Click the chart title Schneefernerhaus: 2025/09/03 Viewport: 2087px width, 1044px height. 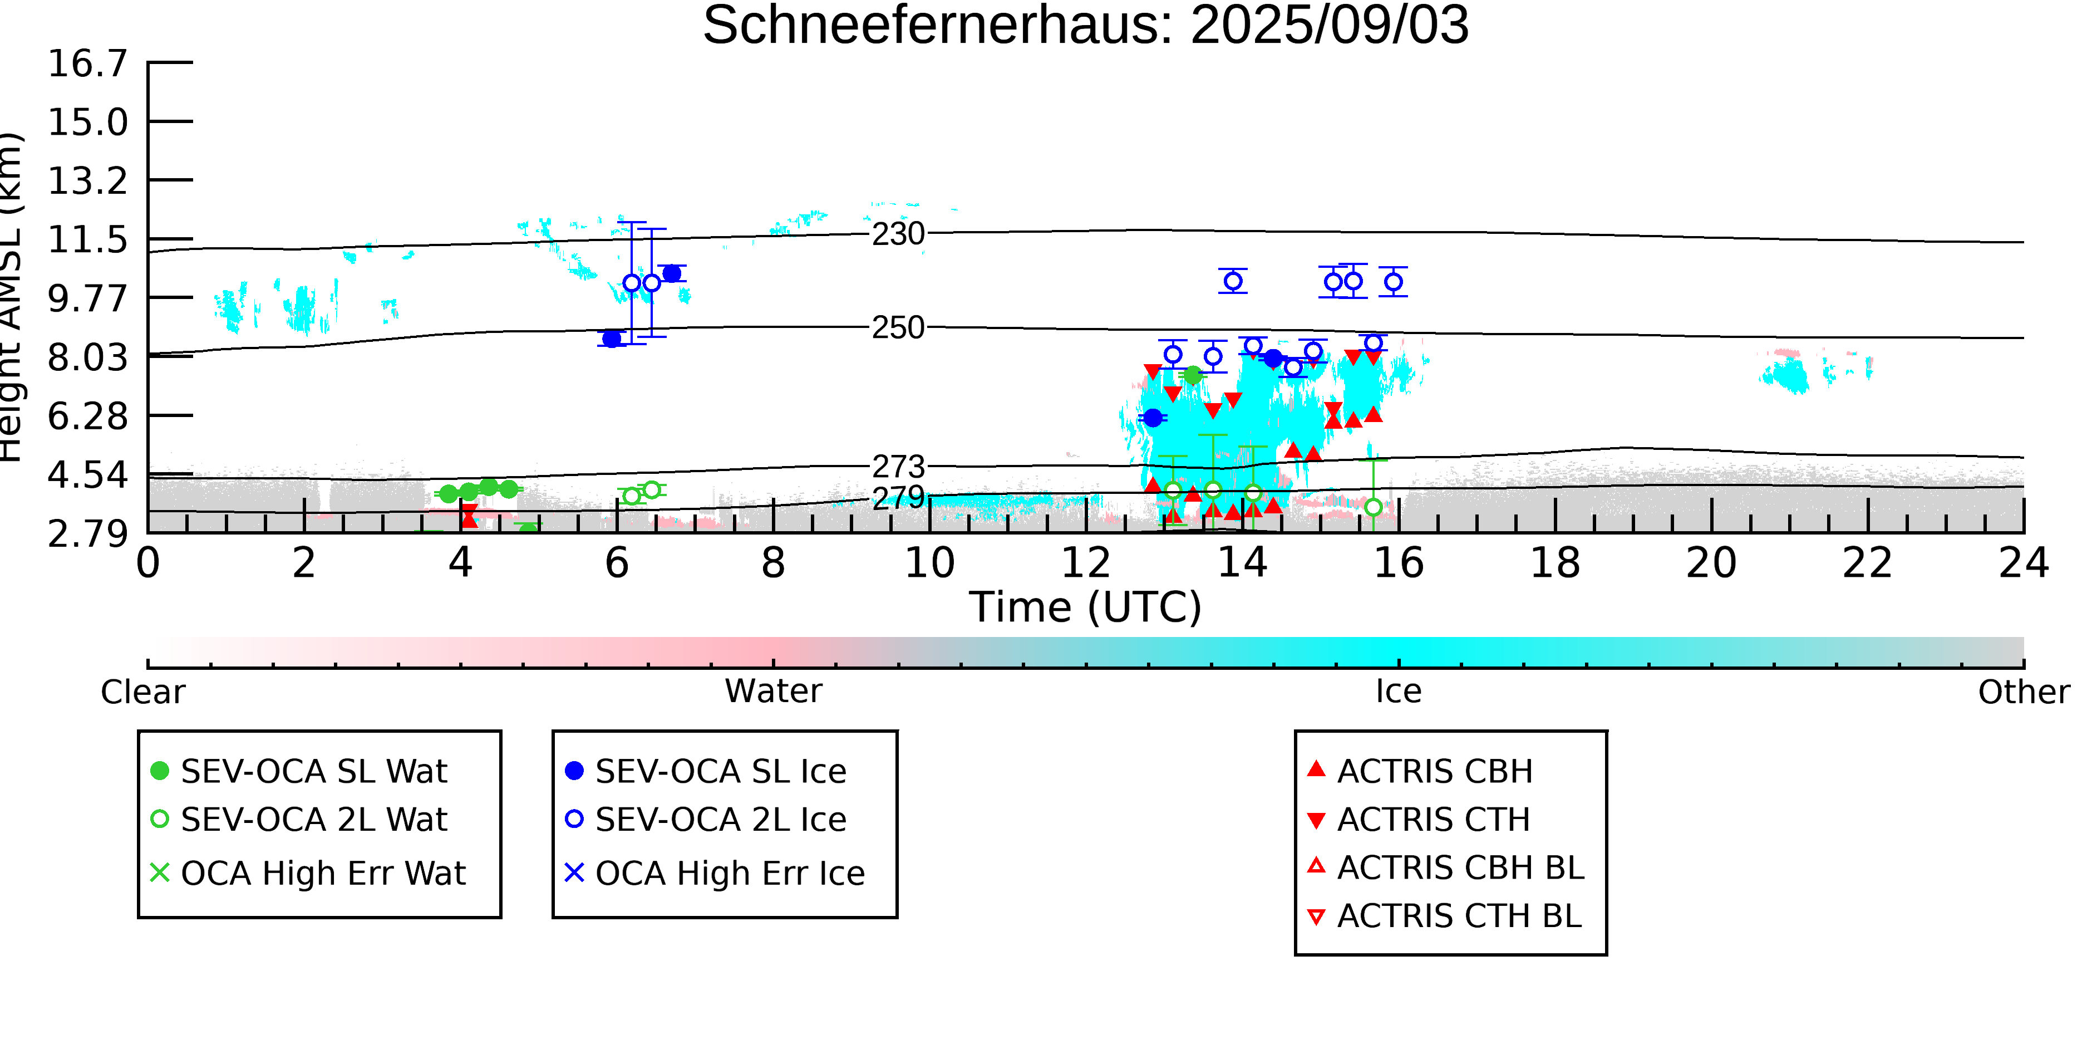tap(1086, 24)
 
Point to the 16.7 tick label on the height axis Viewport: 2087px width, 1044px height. tap(87, 63)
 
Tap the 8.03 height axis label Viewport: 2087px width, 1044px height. tap(87, 357)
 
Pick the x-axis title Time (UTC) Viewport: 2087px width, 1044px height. tap(1086, 607)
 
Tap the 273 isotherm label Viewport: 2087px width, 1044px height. tap(898, 467)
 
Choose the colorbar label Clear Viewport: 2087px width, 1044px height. tap(142, 692)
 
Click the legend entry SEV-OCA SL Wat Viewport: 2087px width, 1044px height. tap(300, 771)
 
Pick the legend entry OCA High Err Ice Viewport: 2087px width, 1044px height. tap(715, 874)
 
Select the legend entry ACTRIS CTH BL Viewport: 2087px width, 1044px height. tap(1445, 916)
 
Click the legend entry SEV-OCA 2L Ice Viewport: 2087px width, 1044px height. tap(706, 820)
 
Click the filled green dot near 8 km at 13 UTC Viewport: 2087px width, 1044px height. tap(1193, 375)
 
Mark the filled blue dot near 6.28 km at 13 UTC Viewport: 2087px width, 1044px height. tap(1153, 418)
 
